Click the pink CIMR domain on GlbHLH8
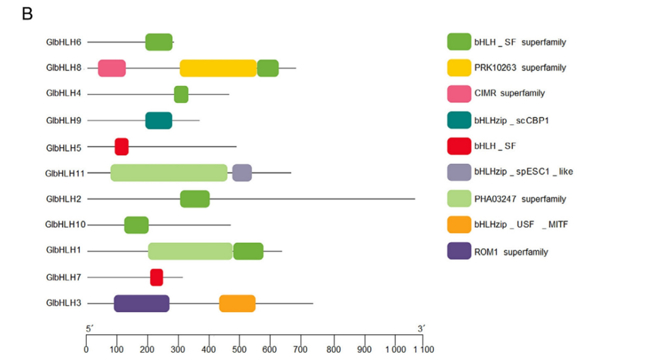click(112, 68)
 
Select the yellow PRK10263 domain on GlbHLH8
click(218, 68)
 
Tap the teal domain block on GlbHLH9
click(158, 120)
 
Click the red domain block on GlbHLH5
click(121, 147)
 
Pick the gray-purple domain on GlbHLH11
click(242, 173)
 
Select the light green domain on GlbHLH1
click(190, 251)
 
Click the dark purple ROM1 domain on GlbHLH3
click(141, 303)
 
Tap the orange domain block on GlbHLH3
click(237, 303)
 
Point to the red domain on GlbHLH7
click(156, 277)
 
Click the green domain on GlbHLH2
click(194, 199)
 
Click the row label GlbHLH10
click(65, 224)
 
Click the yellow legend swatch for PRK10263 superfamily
click(458, 67)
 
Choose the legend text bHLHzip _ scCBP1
click(511, 120)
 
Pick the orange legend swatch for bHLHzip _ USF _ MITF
click(458, 224)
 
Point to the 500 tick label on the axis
click(302, 350)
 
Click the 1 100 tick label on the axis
click(423, 350)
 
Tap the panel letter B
click(27, 13)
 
